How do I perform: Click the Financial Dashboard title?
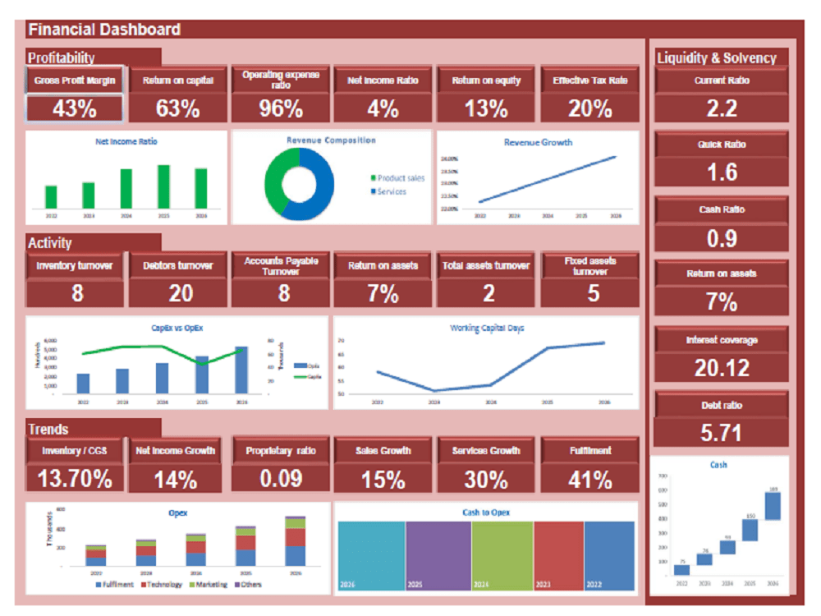tap(104, 30)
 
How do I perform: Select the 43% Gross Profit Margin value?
tap(75, 108)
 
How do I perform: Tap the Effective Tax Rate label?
tap(589, 80)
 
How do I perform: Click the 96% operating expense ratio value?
tap(281, 108)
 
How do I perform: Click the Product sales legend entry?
tap(401, 177)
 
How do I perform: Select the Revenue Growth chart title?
tap(538, 142)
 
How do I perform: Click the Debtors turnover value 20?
tap(179, 293)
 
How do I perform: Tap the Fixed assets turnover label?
tap(589, 265)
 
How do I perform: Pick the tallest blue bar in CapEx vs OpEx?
tap(241, 370)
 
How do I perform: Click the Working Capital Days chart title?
tap(487, 328)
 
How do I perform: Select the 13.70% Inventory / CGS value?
tap(75, 479)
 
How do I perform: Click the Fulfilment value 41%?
tap(589, 479)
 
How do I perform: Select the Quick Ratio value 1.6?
tap(722, 172)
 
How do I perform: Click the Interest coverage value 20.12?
tap(722, 368)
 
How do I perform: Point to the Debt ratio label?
tap(722, 405)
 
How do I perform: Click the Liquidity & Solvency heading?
tap(716, 57)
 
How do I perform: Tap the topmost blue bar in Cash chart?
tap(773, 505)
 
